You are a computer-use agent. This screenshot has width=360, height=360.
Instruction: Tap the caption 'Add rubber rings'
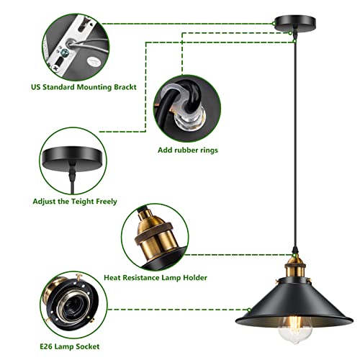[x=188, y=150]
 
